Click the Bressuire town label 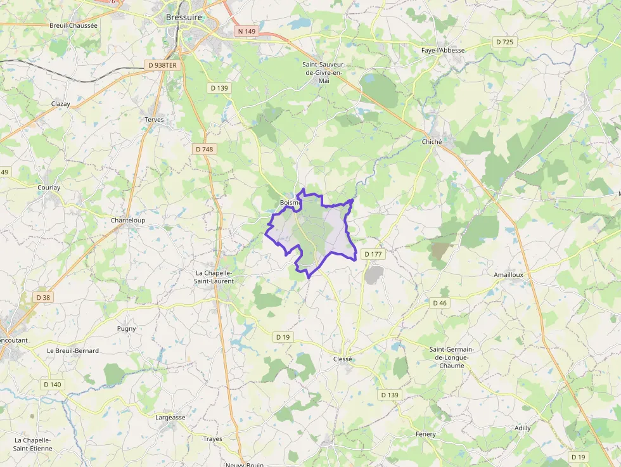(x=184, y=18)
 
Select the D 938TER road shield (x=162, y=65)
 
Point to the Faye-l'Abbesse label (x=443, y=50)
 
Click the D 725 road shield (x=504, y=42)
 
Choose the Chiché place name (x=432, y=142)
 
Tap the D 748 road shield (x=205, y=149)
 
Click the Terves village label (x=154, y=119)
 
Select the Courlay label (x=49, y=188)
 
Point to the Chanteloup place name (x=128, y=220)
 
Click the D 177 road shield (x=374, y=254)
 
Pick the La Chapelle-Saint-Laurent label (x=214, y=277)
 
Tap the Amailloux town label (x=508, y=274)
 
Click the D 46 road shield (x=440, y=303)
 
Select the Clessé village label (x=342, y=359)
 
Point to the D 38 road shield (x=43, y=297)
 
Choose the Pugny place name (x=127, y=328)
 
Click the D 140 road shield (x=53, y=384)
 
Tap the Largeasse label (x=170, y=417)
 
